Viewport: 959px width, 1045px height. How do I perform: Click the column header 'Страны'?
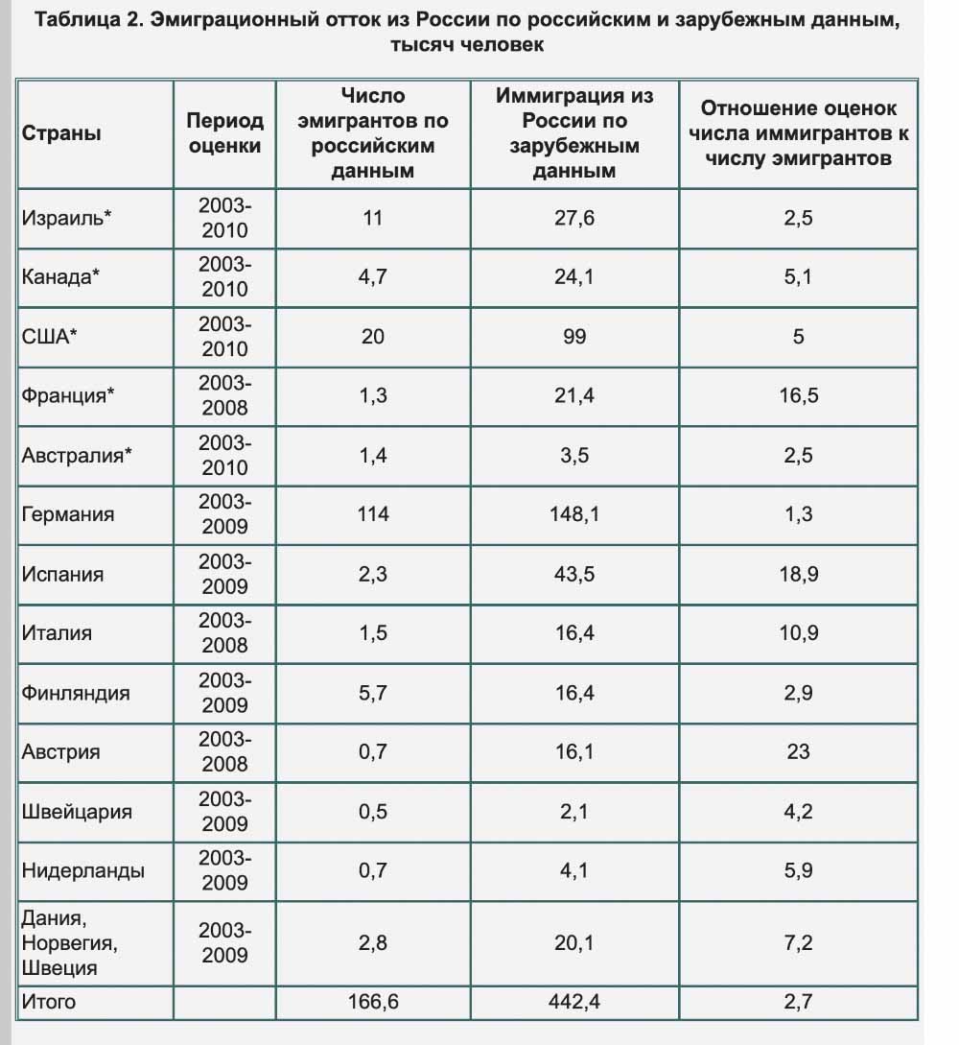(x=61, y=133)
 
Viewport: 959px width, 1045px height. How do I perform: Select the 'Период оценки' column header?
(x=225, y=133)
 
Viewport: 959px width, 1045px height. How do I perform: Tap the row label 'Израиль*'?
(x=66, y=218)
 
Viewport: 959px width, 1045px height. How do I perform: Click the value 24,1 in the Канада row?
(x=574, y=276)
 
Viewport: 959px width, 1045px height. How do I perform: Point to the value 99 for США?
(x=574, y=337)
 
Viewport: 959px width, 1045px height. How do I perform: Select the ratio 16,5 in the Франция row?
(x=799, y=396)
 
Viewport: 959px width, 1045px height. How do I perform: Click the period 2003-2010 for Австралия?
(x=225, y=455)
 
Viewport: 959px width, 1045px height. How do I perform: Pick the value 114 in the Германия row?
(x=373, y=514)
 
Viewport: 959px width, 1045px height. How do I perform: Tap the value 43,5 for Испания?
(x=574, y=574)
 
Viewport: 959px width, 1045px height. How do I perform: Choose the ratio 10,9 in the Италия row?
(x=799, y=633)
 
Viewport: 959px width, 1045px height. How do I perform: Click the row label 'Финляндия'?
(x=75, y=693)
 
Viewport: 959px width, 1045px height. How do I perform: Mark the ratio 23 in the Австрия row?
(x=799, y=751)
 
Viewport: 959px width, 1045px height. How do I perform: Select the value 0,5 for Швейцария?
(x=373, y=812)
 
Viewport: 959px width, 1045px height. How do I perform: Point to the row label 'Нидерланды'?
(x=82, y=871)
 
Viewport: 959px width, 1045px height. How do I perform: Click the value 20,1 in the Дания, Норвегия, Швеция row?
(x=574, y=943)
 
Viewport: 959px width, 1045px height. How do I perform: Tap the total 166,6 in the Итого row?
(x=373, y=1002)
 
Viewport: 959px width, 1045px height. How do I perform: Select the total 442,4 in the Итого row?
(x=574, y=1002)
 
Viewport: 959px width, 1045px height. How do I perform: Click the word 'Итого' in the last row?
(x=49, y=1002)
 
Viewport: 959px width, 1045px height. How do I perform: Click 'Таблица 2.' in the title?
(x=89, y=20)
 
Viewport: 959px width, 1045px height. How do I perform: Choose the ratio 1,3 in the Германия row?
(x=799, y=514)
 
